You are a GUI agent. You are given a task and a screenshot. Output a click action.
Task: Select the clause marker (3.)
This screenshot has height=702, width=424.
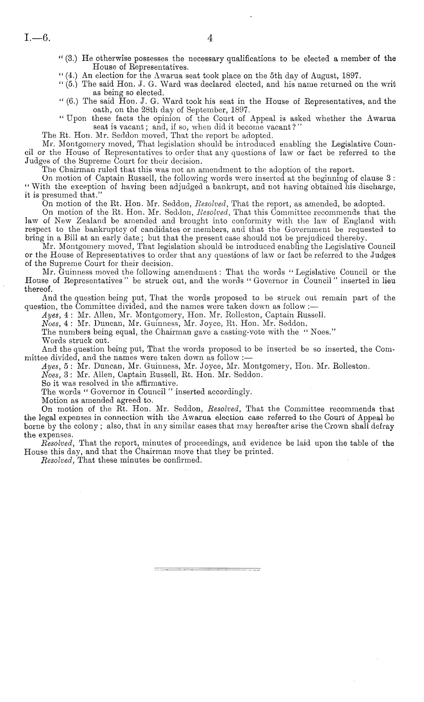pyautogui.click(x=69, y=59)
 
